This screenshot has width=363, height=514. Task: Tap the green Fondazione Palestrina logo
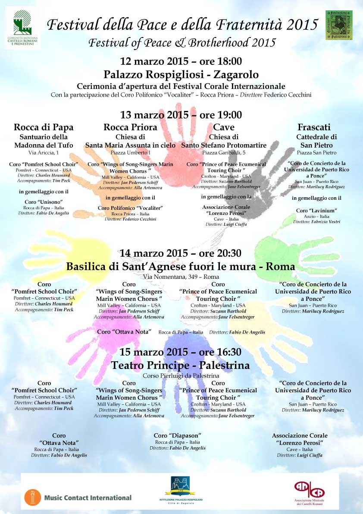coord(339,25)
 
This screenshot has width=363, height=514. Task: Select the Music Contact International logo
coord(78,497)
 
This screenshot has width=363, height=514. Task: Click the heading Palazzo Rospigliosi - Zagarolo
coord(181,74)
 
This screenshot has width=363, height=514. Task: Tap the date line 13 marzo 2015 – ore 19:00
coord(181,115)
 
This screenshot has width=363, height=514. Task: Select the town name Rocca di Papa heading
coord(44,127)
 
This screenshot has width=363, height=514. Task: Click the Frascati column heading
coord(314,127)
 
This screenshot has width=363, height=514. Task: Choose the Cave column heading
coord(224,127)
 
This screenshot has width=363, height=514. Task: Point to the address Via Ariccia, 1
coord(44,153)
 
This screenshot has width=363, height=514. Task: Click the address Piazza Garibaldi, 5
coord(224,153)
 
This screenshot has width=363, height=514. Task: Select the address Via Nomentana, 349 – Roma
coord(181,277)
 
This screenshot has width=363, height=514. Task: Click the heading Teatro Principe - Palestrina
coord(181,366)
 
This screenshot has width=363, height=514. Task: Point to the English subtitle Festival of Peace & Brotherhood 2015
coord(181,43)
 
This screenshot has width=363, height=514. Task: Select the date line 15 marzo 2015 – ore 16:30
coord(181,352)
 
